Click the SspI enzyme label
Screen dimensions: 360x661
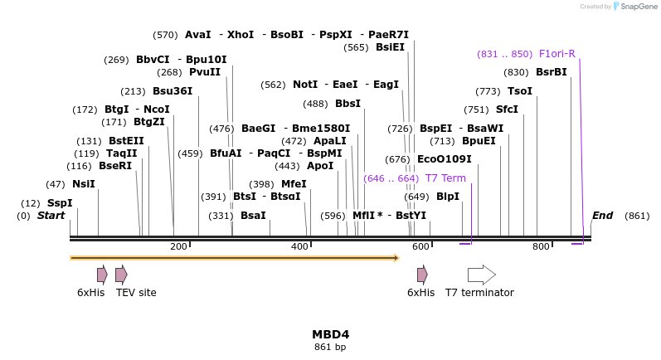click(60, 203)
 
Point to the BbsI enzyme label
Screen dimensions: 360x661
click(348, 104)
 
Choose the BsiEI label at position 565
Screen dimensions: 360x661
click(390, 47)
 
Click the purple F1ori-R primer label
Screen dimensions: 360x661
click(557, 54)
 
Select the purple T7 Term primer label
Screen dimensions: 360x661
click(445, 178)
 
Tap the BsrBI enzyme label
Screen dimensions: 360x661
click(552, 72)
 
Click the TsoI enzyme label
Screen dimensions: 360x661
click(520, 91)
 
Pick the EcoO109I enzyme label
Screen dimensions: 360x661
click(444, 159)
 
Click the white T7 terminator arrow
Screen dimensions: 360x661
click(481, 275)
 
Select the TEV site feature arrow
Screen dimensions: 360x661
click(121, 275)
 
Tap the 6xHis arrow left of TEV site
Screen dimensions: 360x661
click(102, 275)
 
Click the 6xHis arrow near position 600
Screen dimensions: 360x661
click(422, 275)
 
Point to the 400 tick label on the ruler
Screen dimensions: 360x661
click(299, 246)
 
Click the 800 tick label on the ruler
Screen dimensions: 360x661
click(541, 246)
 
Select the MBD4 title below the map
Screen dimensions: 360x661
click(330, 334)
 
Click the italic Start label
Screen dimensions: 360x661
click(51, 216)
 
